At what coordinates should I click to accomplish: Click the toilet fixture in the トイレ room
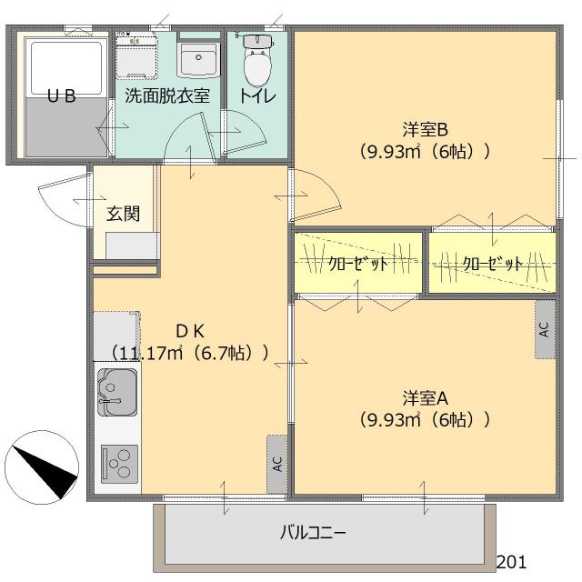tap(257, 61)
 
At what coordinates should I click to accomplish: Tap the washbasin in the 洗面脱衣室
tap(197, 60)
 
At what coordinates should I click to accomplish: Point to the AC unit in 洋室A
tap(544, 328)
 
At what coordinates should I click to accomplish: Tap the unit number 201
tap(511, 563)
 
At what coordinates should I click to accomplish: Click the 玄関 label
tap(123, 214)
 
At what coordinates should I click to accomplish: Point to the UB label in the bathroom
tap(61, 95)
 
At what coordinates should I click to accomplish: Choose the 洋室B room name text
tap(425, 128)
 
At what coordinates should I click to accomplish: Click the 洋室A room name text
tap(425, 397)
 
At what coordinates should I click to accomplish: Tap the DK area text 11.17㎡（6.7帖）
tap(189, 352)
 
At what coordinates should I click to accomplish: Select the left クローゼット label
tap(358, 264)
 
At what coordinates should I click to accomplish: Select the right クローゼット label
tap(492, 264)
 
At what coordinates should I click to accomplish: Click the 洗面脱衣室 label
tap(167, 95)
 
